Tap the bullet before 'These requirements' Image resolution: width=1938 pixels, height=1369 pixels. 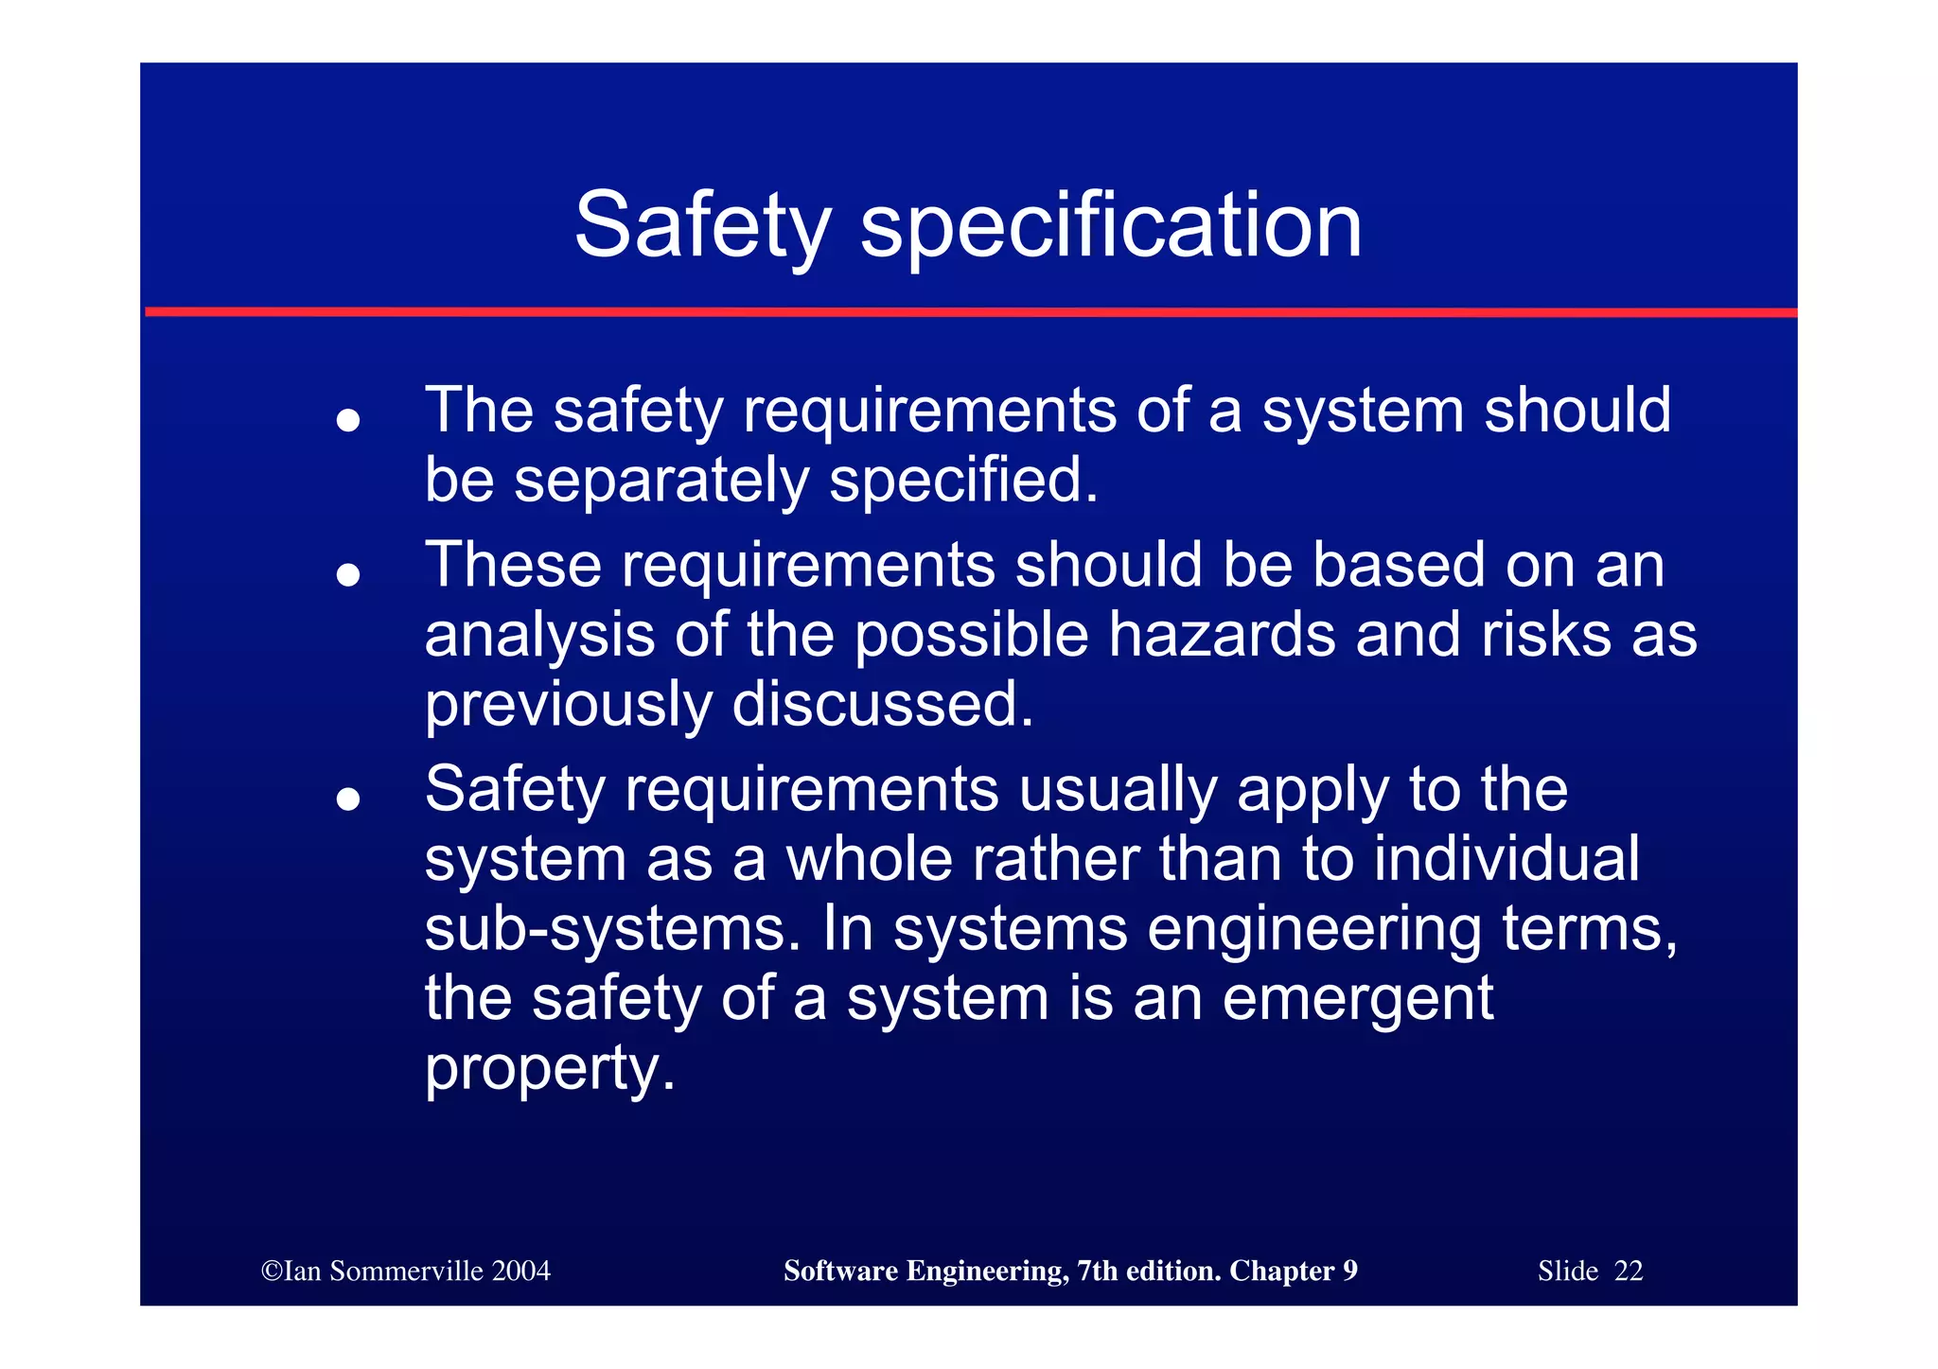(348, 574)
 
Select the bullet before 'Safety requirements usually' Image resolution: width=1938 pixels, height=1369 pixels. (348, 799)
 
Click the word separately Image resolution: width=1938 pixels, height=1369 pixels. (661, 481)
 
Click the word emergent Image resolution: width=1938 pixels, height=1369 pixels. (1357, 998)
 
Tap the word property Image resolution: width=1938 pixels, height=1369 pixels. (550, 1069)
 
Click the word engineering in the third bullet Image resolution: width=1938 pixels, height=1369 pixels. (1314, 928)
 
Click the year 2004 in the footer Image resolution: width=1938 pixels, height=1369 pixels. (520, 1271)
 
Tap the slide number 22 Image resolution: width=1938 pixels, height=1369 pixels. (1629, 1271)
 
